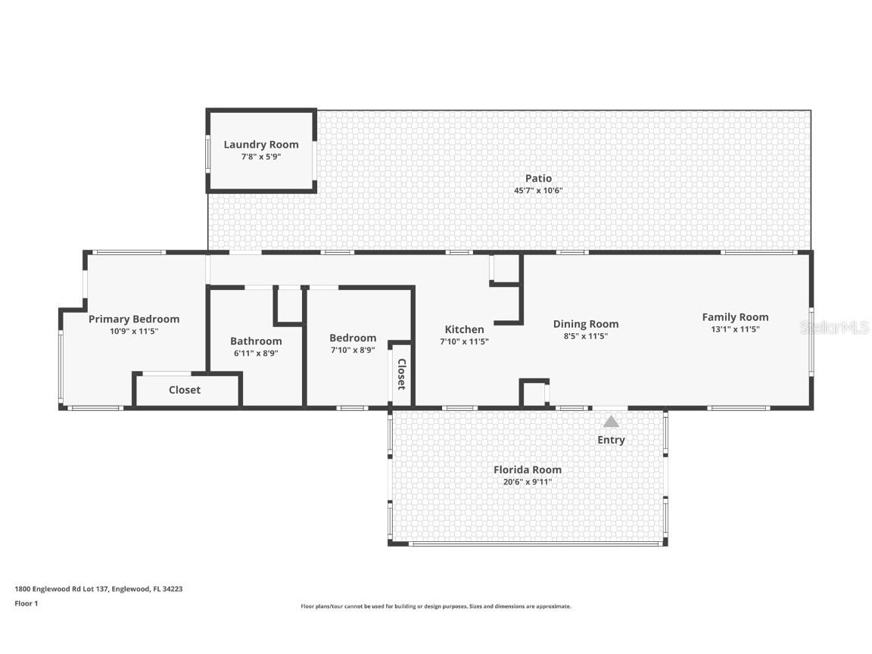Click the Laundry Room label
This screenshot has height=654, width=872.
pyautogui.click(x=260, y=145)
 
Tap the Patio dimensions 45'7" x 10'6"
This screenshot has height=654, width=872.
pyautogui.click(x=538, y=191)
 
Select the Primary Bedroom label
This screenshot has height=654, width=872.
pyautogui.click(x=134, y=319)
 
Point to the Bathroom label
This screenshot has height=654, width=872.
pyautogui.click(x=256, y=341)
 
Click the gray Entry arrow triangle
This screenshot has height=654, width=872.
pyautogui.click(x=611, y=422)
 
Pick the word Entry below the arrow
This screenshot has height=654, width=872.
pyautogui.click(x=611, y=440)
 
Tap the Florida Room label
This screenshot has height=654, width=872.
pyautogui.click(x=528, y=469)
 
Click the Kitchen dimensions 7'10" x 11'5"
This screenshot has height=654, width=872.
pyautogui.click(x=464, y=341)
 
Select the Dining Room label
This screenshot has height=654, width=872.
pyautogui.click(x=585, y=324)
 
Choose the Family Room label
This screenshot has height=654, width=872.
pyautogui.click(x=735, y=317)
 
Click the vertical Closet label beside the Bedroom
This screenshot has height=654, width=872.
pyautogui.click(x=401, y=374)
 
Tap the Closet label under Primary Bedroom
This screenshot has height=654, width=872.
pyautogui.click(x=185, y=390)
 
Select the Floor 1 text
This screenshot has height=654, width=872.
pyautogui.click(x=26, y=603)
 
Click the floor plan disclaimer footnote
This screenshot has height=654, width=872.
pyautogui.click(x=436, y=606)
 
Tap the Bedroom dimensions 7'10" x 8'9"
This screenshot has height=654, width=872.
pyautogui.click(x=353, y=350)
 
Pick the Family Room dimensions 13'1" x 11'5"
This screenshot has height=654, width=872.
pyautogui.click(x=735, y=329)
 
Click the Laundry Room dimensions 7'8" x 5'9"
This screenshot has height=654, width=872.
pyautogui.click(x=260, y=157)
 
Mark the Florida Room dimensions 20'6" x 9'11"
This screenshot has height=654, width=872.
pyautogui.click(x=528, y=481)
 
